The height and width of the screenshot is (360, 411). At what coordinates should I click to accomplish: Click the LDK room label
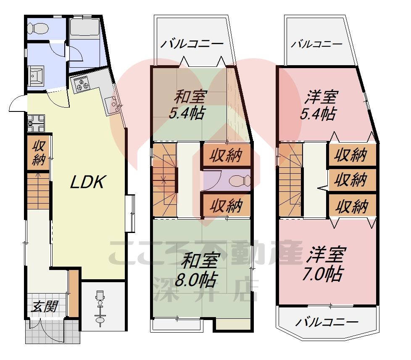point(87,182)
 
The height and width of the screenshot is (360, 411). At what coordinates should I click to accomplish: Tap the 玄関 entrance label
point(44,306)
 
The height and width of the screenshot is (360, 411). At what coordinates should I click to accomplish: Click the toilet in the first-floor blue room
point(37,28)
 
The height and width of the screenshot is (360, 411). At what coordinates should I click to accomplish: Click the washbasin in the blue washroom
point(37,76)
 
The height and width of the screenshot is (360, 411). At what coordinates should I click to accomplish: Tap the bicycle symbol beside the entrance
point(100,308)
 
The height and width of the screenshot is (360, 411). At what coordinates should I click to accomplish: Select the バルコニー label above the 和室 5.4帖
point(191,43)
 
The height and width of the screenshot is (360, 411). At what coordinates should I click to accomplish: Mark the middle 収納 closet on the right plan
point(351,180)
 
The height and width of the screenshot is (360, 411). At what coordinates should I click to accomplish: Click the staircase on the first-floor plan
point(38,191)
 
